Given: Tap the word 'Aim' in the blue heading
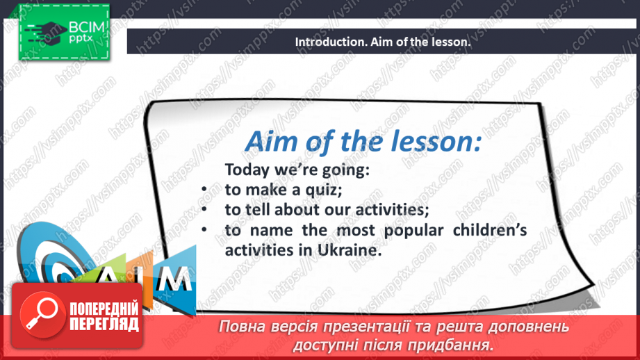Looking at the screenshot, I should [270, 142].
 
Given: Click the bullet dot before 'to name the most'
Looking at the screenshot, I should [204, 231].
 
